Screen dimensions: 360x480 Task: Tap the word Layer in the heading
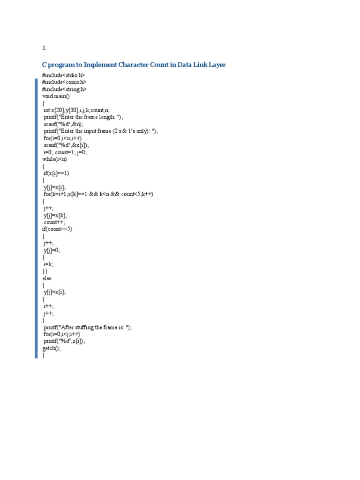[215, 65]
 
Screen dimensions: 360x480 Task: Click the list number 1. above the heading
[45, 48]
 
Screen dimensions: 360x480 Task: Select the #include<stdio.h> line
[63, 75]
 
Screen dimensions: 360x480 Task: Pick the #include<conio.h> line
[64, 82]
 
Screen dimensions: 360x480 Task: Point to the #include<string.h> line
[64, 90]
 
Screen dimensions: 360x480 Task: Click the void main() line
[55, 97]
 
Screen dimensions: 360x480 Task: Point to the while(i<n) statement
[54, 159]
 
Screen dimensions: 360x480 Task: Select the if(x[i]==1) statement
[56, 173]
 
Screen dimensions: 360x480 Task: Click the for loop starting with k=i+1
[99, 194]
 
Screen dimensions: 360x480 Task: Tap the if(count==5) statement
[57, 229]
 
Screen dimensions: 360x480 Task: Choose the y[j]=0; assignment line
[52, 250]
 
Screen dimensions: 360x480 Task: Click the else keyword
[47, 278]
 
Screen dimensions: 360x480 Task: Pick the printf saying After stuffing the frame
[88, 328]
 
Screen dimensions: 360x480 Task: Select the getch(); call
[52, 349]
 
